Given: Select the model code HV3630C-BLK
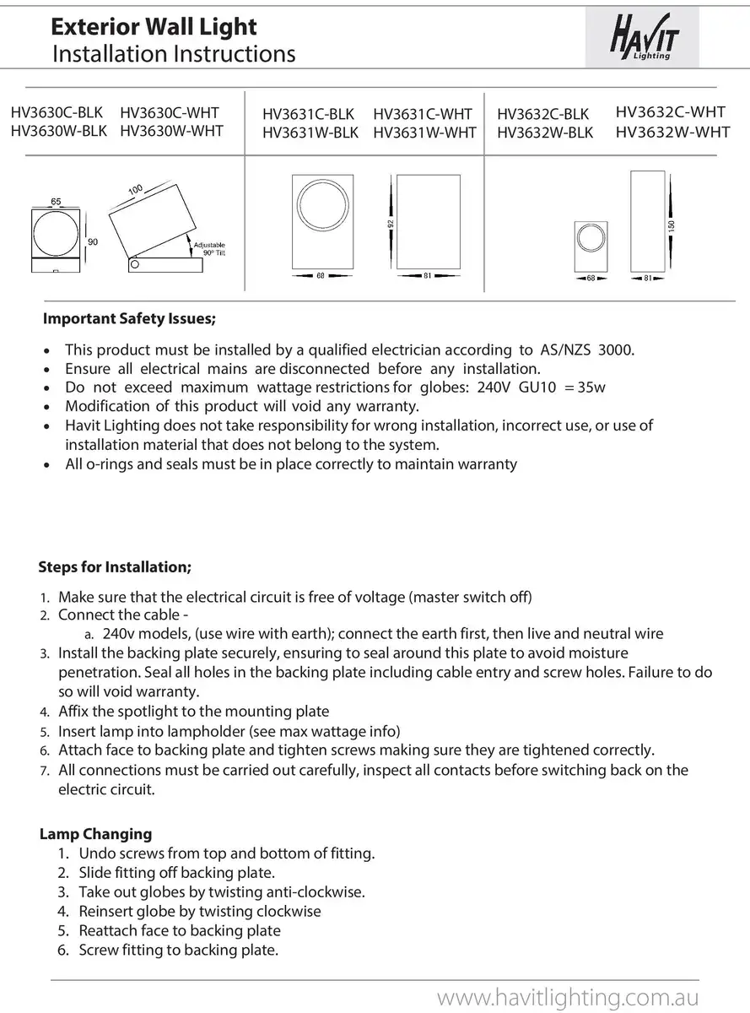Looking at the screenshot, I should [57, 112].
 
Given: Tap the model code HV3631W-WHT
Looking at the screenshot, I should [424, 133].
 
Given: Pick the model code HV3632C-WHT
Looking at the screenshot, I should [671, 111].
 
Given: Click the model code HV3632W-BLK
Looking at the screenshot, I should [545, 133].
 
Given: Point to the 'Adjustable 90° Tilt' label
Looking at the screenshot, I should [209, 248].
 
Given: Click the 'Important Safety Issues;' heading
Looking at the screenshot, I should [129, 319].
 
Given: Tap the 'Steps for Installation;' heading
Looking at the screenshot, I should [115, 566].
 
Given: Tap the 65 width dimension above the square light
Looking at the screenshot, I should [56, 202].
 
